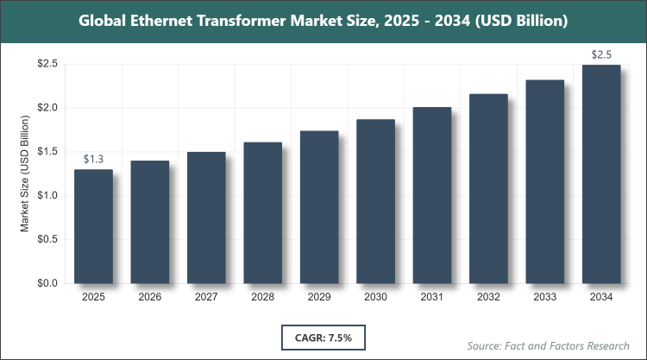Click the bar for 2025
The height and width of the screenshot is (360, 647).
(x=93, y=226)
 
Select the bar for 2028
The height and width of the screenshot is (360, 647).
(x=262, y=212)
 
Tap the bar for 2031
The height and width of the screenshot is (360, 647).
(x=432, y=195)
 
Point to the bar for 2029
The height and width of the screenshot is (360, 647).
(x=319, y=207)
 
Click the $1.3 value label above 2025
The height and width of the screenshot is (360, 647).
(x=93, y=159)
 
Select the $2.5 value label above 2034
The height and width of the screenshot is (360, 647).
(x=601, y=54)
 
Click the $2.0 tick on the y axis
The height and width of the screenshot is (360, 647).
(x=47, y=108)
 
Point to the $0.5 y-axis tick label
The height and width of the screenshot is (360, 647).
(x=47, y=239)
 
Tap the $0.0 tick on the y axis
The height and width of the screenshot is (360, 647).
(x=47, y=283)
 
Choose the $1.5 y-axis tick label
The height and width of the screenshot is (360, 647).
(x=47, y=152)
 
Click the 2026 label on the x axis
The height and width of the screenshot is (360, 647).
(x=149, y=298)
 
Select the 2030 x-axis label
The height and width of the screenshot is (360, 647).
(x=375, y=298)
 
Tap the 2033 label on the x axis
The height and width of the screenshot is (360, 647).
(x=545, y=298)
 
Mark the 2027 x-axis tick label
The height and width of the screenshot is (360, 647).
(x=206, y=298)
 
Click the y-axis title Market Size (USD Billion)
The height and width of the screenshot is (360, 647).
(x=26, y=173)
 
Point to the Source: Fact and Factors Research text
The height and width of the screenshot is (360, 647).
(x=549, y=344)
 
